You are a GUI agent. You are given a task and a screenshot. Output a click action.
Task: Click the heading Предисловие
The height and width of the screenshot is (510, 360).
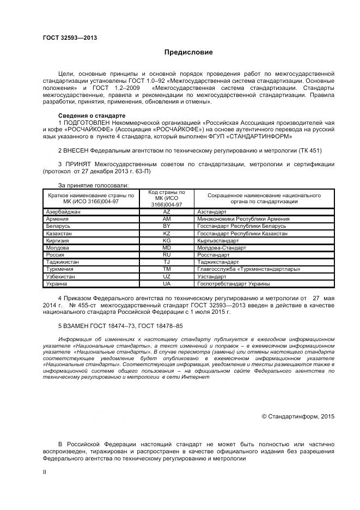coord(188,52)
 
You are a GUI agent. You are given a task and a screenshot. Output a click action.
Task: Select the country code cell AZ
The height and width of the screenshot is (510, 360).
coord(167,211)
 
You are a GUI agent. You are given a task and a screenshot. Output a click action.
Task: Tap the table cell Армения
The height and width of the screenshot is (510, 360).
coord(58,218)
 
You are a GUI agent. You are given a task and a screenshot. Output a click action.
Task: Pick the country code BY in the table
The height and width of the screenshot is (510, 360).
coord(167,226)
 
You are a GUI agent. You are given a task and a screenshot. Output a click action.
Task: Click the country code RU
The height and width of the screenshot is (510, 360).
coord(167,254)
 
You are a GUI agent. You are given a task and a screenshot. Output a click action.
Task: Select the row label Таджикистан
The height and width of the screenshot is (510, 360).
coord(63,262)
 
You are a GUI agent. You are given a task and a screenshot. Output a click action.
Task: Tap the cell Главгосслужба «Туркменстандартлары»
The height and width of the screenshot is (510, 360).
coord(248,269)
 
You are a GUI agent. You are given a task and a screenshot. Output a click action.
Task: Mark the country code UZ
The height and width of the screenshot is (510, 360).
coord(167,276)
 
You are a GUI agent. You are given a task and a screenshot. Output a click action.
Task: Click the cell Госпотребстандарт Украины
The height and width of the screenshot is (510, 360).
coord(234,284)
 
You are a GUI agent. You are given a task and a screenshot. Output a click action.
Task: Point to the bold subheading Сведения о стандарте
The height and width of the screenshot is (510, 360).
coord(91,116)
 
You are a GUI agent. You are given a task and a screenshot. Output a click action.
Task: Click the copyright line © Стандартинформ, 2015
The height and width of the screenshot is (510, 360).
coord(298,416)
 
